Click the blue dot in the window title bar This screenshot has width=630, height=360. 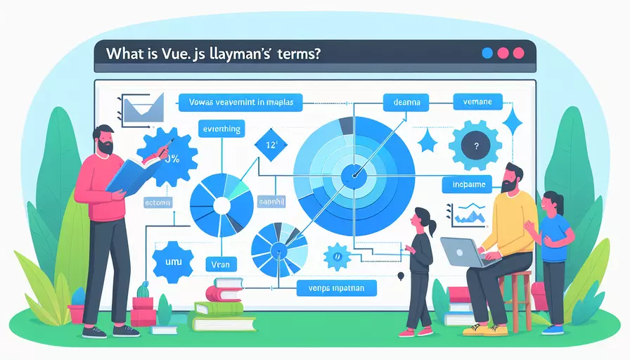click(x=487, y=53)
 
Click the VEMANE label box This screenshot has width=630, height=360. click(x=477, y=103)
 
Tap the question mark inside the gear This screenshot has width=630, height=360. click(x=477, y=147)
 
